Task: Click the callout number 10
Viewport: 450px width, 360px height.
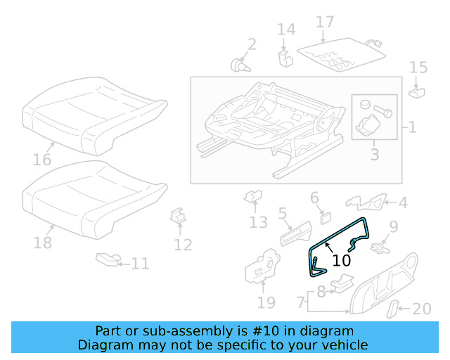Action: (x=341, y=260)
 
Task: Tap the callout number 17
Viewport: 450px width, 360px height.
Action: (x=324, y=22)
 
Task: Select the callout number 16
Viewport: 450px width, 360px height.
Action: (x=42, y=160)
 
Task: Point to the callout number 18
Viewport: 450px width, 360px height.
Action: (x=43, y=243)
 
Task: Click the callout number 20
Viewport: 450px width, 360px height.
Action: (x=421, y=309)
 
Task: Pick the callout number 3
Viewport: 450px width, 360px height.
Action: (x=374, y=154)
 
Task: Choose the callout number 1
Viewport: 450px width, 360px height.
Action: (x=412, y=128)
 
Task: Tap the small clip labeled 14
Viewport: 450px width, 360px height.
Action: (x=284, y=56)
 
